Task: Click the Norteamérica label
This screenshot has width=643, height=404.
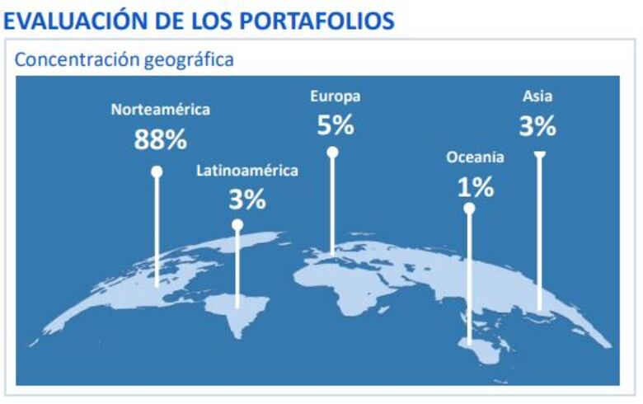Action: (161, 110)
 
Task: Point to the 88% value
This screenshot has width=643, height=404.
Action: (161, 139)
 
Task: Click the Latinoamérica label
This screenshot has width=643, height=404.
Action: (247, 171)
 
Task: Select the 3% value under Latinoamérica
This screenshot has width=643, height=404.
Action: (247, 199)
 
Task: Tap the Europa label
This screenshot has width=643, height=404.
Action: (336, 96)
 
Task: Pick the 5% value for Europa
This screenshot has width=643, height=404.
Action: (336, 125)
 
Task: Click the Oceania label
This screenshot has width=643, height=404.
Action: (476, 157)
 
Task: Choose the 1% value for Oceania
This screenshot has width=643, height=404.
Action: (476, 187)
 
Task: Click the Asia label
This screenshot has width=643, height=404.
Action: (537, 96)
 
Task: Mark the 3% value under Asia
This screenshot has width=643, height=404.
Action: (537, 126)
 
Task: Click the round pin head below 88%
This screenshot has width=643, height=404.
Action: (157, 171)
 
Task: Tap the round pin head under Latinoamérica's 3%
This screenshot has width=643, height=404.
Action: (237, 224)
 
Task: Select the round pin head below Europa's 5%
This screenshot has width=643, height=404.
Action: (332, 152)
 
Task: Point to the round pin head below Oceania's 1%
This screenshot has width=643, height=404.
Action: (469, 209)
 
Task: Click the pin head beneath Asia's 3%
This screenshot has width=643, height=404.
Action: (539, 154)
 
